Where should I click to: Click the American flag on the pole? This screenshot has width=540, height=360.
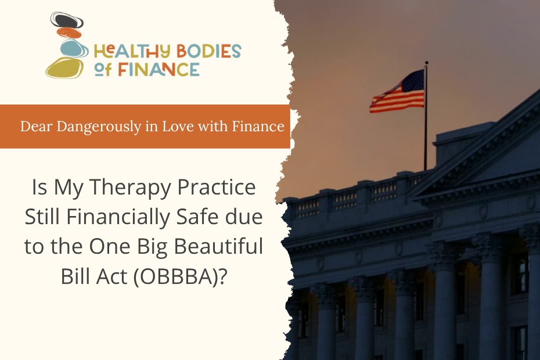(397, 92)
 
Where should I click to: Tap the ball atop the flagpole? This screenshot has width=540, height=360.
(426, 63)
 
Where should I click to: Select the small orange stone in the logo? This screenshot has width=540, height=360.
(69, 33)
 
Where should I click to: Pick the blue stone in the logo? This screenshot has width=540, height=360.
(71, 48)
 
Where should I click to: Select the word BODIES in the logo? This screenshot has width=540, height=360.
(208, 51)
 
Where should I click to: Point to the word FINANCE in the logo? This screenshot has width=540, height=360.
(159, 69)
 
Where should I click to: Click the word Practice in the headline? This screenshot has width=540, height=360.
(217, 187)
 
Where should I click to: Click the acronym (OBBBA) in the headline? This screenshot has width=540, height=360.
(181, 276)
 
